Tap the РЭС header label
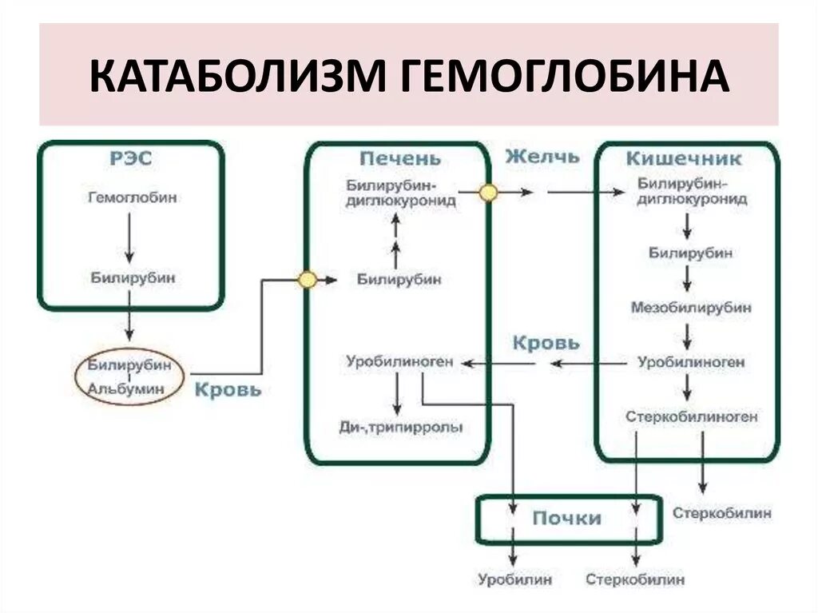[131, 158]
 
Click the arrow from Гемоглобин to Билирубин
[128, 237]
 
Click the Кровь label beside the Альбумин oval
[228, 390]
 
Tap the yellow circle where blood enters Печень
[307, 280]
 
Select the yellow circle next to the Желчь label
[487, 193]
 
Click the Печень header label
[399, 158]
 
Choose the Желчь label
[542, 157]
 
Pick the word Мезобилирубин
[691, 307]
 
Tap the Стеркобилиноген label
[692, 416]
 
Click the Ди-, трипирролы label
[401, 428]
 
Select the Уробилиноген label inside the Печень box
[399, 362]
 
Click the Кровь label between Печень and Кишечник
[546, 343]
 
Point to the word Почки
[566, 518]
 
